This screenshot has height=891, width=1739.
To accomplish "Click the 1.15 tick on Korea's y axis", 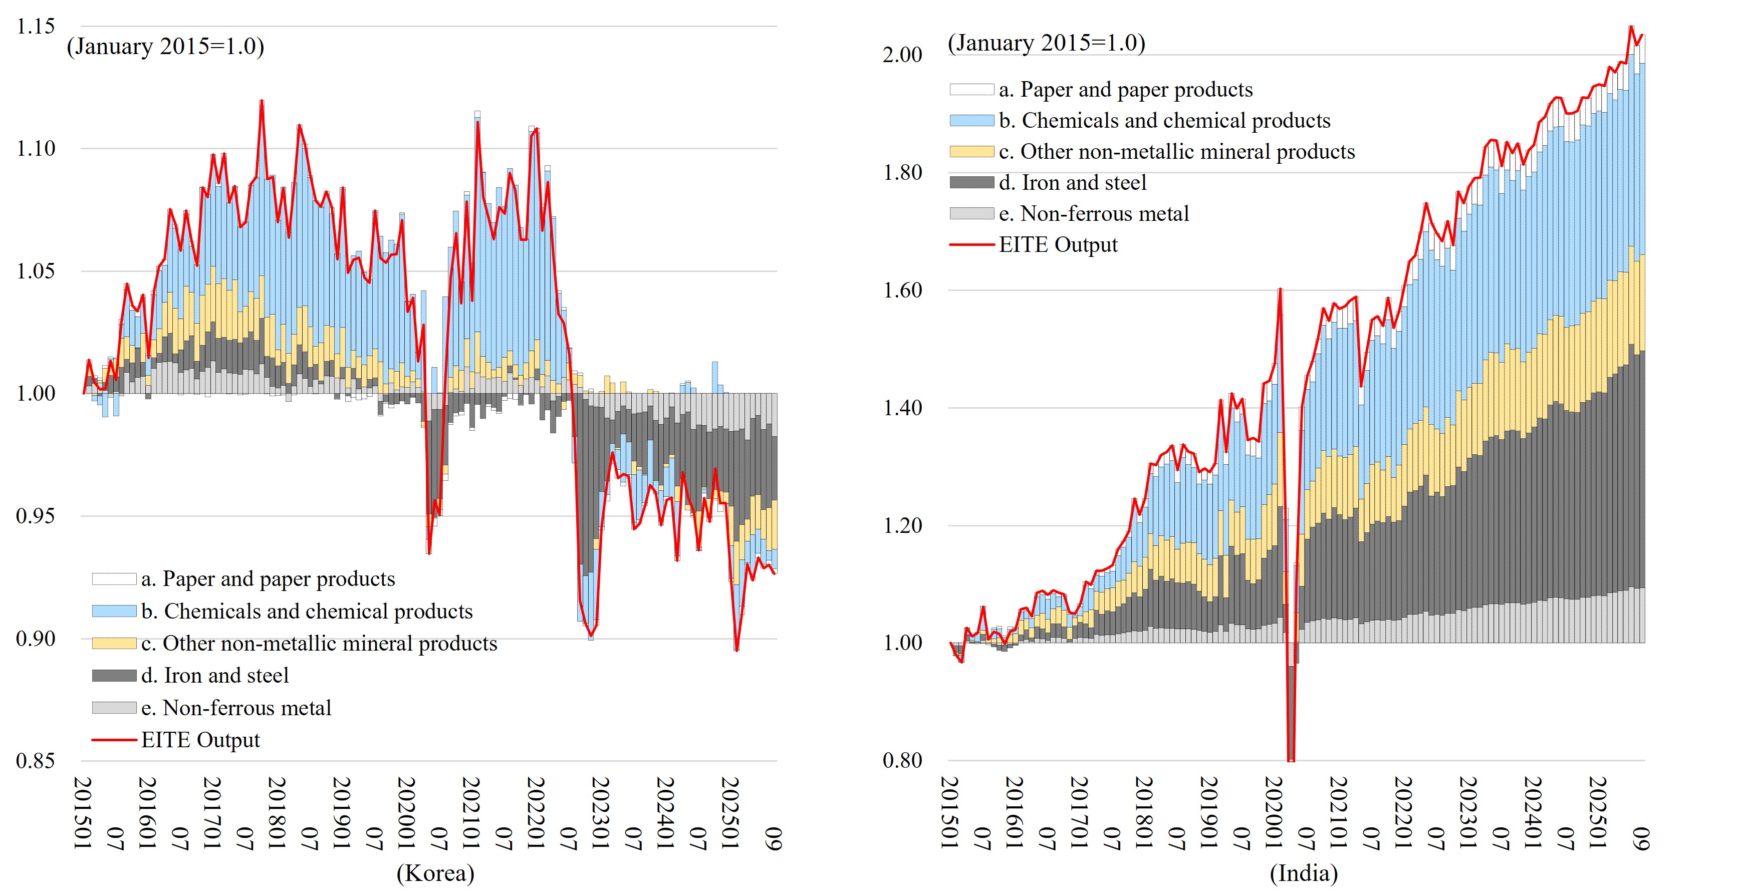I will [36, 27].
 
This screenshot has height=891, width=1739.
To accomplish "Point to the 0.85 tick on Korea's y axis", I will [36, 761].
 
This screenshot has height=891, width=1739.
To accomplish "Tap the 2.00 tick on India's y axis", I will [902, 55].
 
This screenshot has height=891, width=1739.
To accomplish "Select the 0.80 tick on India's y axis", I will [902, 761].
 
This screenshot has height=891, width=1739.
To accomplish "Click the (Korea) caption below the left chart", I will [435, 873].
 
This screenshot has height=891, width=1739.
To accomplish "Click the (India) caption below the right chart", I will [1304, 873].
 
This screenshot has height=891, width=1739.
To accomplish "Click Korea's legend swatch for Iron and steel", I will [114, 676].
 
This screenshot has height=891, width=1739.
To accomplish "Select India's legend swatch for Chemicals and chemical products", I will [971, 121].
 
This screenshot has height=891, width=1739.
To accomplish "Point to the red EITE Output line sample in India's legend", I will [971, 244].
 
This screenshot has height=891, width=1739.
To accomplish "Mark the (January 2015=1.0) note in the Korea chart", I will [165, 47].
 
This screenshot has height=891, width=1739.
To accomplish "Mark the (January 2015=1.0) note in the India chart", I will [1047, 43].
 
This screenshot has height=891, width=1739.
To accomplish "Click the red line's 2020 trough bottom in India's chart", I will [1291, 759].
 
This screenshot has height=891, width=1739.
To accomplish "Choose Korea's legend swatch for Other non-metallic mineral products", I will [114, 643].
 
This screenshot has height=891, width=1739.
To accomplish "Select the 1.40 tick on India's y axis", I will [902, 408].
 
